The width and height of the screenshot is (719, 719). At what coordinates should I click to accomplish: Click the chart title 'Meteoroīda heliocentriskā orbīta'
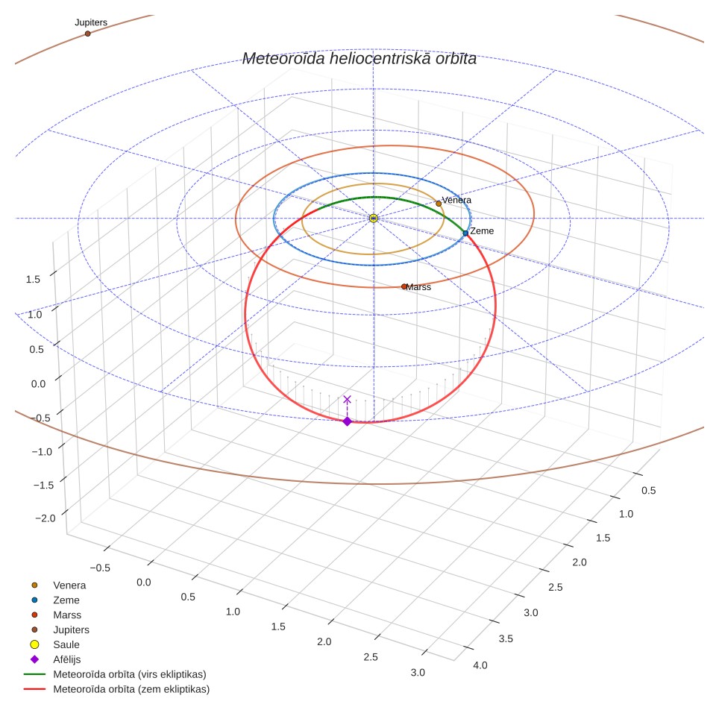tap(359, 59)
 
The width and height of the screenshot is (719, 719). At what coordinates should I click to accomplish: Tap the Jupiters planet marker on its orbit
tap(87, 34)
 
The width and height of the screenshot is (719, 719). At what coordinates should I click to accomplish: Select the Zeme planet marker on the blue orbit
tap(465, 233)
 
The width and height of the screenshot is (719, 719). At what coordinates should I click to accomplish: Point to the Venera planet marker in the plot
tap(439, 204)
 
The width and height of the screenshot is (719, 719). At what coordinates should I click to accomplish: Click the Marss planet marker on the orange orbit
tap(404, 286)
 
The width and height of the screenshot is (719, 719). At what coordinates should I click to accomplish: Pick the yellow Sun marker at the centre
tap(373, 219)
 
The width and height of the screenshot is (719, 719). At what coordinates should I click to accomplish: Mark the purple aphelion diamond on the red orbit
tap(347, 421)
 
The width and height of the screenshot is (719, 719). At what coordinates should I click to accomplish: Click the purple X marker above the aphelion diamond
tap(347, 399)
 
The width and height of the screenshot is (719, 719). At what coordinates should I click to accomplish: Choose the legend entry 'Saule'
tap(54, 644)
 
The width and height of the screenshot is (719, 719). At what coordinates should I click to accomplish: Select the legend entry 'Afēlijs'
tap(55, 659)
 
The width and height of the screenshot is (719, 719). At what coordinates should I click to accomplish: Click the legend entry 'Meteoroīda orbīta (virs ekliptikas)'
tap(115, 674)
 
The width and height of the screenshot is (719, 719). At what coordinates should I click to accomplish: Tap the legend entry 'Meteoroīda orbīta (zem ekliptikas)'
tap(117, 689)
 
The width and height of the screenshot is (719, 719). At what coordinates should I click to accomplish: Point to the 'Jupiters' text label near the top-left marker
tap(91, 22)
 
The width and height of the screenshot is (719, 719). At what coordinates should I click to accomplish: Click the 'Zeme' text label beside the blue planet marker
tap(482, 231)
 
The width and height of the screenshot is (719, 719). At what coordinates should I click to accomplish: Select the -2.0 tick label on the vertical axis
tap(45, 518)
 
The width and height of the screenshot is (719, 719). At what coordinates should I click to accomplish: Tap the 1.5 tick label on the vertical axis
tap(33, 279)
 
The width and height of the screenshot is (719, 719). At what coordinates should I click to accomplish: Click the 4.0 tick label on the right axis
tap(480, 665)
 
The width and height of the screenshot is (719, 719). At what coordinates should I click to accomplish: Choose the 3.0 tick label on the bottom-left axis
tap(418, 673)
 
